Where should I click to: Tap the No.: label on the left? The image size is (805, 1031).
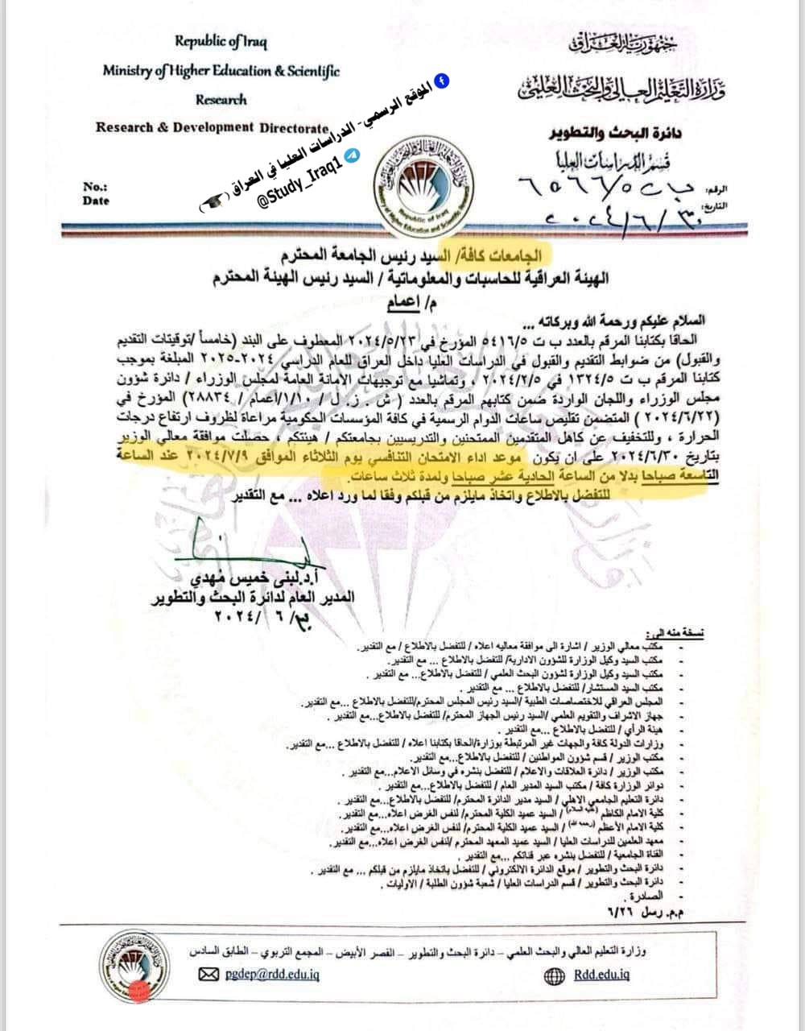95,187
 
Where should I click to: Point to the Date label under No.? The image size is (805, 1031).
96,201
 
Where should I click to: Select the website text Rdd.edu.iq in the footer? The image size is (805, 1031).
601,975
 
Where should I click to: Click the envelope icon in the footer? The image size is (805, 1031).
208,975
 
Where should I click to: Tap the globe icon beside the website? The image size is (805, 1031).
555,975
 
